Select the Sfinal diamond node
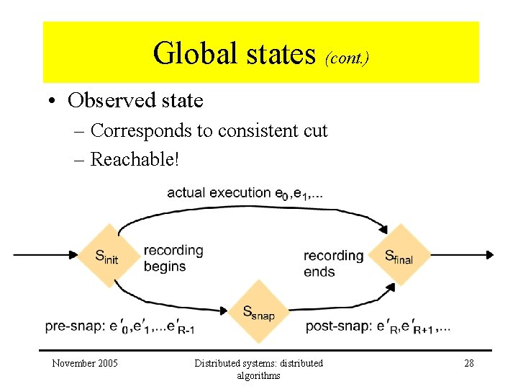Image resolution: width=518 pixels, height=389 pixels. tap(399, 255)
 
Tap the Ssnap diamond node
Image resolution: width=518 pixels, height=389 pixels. tap(258, 312)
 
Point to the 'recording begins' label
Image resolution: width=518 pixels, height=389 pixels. tap(173, 258)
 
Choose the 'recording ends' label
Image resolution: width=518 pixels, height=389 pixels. tap(333, 263)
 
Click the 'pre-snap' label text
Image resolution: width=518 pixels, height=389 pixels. tap(73, 326)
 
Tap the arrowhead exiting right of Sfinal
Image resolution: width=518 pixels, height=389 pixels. tap(489, 254)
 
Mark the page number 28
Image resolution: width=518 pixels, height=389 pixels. tap(468, 363)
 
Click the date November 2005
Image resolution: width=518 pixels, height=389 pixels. tap(85, 363)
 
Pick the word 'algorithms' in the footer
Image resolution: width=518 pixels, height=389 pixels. tap(258, 375)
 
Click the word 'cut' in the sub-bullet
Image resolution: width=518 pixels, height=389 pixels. tap(315, 130)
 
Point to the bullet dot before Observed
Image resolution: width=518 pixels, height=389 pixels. tap(55, 101)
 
